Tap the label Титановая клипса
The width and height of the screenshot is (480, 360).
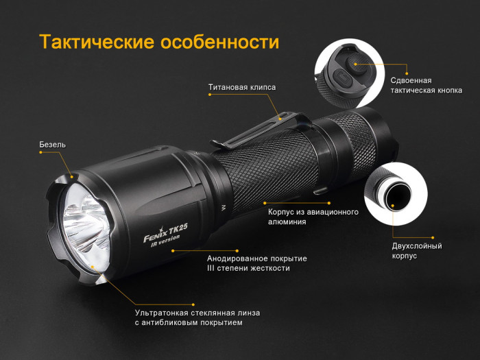tap(241, 88)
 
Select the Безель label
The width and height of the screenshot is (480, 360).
tap(52, 145)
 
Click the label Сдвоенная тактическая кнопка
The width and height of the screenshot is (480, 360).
tap(426, 85)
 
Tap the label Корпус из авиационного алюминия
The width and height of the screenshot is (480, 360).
tap(313, 217)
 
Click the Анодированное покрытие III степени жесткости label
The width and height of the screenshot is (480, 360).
tap(256, 263)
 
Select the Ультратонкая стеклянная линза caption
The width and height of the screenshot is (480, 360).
tap(197, 317)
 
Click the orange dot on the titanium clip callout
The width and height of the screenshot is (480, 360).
tap(280, 118)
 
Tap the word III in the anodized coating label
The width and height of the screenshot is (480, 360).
tap(213, 268)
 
